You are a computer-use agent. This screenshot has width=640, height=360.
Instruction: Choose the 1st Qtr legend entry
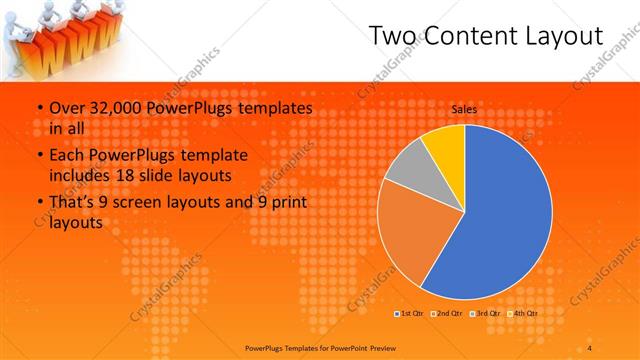pos(408,314)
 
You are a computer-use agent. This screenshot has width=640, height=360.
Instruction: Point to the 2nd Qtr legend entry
pos(446,314)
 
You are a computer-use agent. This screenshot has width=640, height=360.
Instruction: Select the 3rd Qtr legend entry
pos(484,314)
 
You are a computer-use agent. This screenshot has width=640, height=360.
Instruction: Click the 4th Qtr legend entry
pos(522,314)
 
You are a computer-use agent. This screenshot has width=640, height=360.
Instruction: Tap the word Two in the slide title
pos(391,37)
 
